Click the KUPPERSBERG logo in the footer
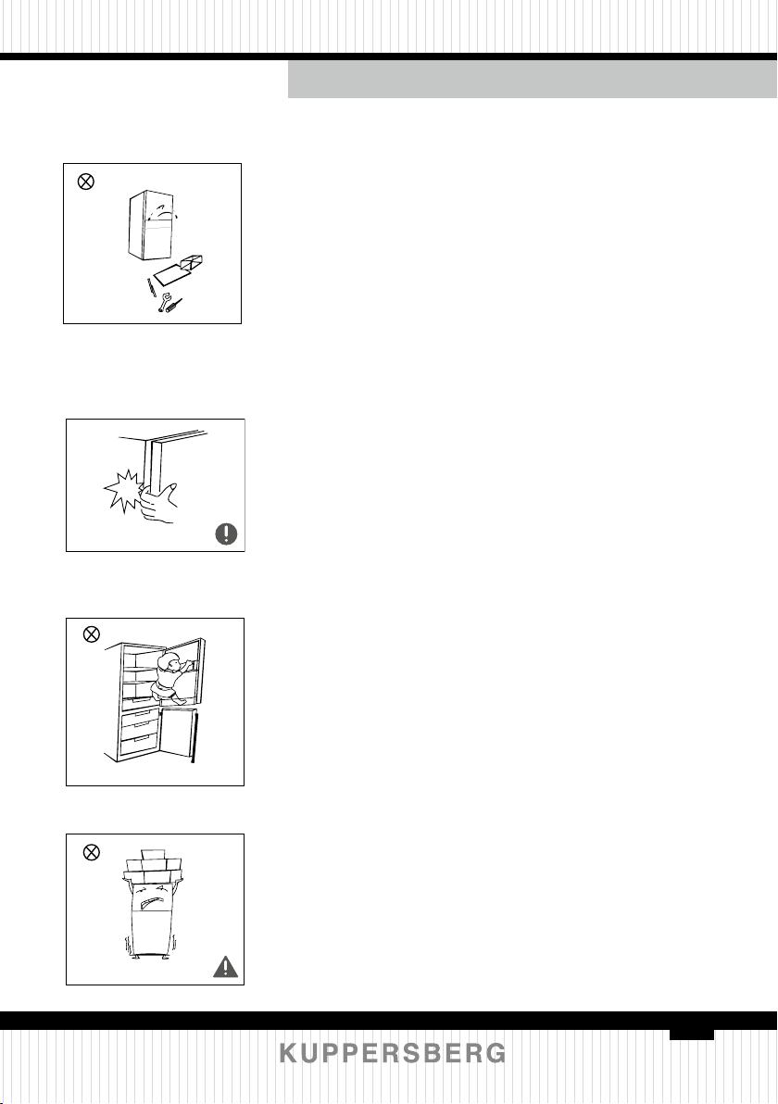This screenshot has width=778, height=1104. point(393,1053)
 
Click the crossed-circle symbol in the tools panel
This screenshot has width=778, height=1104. point(86,182)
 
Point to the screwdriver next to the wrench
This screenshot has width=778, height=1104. point(174,306)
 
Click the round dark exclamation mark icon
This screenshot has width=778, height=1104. point(226,533)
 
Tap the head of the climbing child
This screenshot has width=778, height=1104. point(169,662)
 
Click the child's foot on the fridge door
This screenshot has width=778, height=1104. point(182,700)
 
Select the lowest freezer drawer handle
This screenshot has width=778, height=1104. point(141,738)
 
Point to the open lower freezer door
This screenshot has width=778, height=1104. point(178,735)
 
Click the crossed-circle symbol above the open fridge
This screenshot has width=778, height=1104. point(92,634)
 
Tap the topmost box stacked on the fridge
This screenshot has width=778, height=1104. point(152,854)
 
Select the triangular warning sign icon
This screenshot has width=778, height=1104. point(225,966)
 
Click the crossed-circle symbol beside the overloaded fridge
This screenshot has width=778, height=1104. point(92,852)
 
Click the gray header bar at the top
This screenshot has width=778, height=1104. point(533,79)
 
